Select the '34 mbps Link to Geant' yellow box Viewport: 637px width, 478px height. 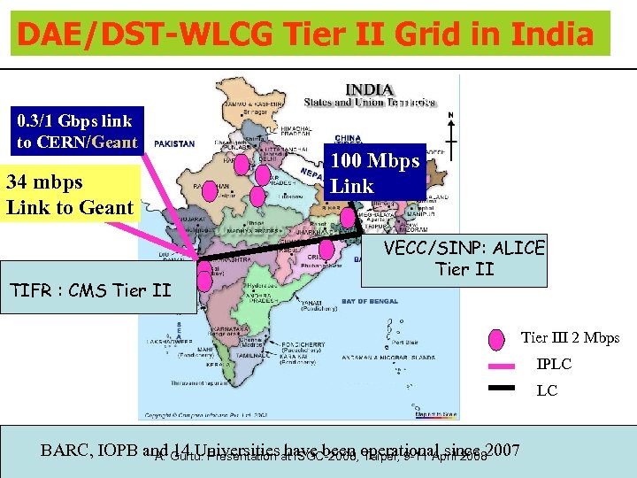pyautogui.click(x=70, y=195)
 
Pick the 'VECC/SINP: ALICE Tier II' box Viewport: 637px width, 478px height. pyautogui.click(x=464, y=258)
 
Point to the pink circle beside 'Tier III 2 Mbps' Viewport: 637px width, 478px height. pyautogui.click(x=497, y=338)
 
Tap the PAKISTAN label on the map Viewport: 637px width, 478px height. pyautogui.click(x=174, y=143)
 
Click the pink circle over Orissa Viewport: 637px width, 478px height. pyautogui.click(x=327, y=249)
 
